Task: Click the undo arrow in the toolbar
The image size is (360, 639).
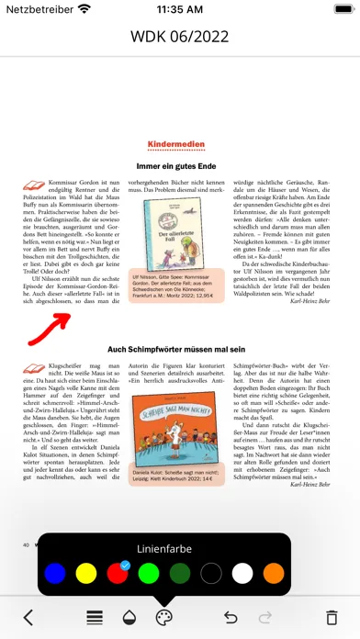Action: pyautogui.click(x=231, y=617)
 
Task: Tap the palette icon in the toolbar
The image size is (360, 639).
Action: pyautogui.click(x=163, y=617)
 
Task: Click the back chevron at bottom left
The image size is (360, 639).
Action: pyautogui.click(x=28, y=617)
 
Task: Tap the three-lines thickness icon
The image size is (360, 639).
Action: pyautogui.click(x=95, y=617)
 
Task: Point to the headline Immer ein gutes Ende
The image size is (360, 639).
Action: pyautogui.click(x=180, y=166)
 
